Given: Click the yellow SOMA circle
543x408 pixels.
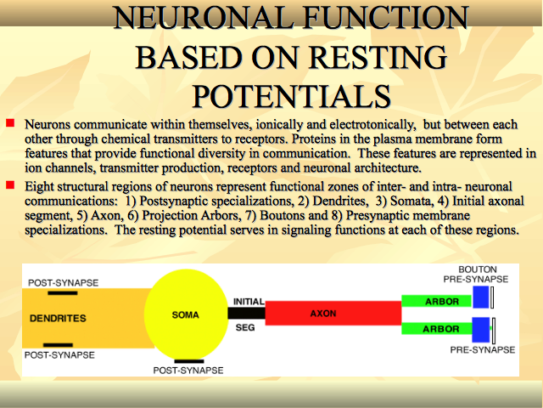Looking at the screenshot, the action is click(186, 314).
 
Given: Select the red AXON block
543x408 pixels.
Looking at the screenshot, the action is click(333, 313).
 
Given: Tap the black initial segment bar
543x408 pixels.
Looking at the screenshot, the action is click(246, 314).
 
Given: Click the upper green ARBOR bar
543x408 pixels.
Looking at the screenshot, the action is click(436, 301).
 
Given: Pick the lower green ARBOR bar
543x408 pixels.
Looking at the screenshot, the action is click(437, 329).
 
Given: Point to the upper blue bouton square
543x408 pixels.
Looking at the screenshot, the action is click(481, 297).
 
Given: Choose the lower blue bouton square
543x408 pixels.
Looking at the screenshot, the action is click(481, 330).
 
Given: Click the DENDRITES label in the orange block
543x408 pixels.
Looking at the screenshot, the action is click(58, 318).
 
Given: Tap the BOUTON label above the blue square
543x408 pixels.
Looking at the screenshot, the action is click(478, 269).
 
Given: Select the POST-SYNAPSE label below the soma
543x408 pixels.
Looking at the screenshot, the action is click(188, 371).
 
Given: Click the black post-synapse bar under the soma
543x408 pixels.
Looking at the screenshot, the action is click(188, 361).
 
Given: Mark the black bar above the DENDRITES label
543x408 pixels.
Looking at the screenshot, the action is click(63, 293).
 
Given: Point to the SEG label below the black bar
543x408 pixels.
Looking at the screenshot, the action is click(245, 327).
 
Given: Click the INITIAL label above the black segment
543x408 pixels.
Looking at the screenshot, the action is click(249, 302).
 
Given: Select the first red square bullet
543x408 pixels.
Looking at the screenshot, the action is click(10, 122).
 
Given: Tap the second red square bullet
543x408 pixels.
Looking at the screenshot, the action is click(10, 185).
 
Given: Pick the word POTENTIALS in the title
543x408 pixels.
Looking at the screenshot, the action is click(292, 96).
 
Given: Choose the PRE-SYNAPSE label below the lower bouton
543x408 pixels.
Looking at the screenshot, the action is click(483, 349).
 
